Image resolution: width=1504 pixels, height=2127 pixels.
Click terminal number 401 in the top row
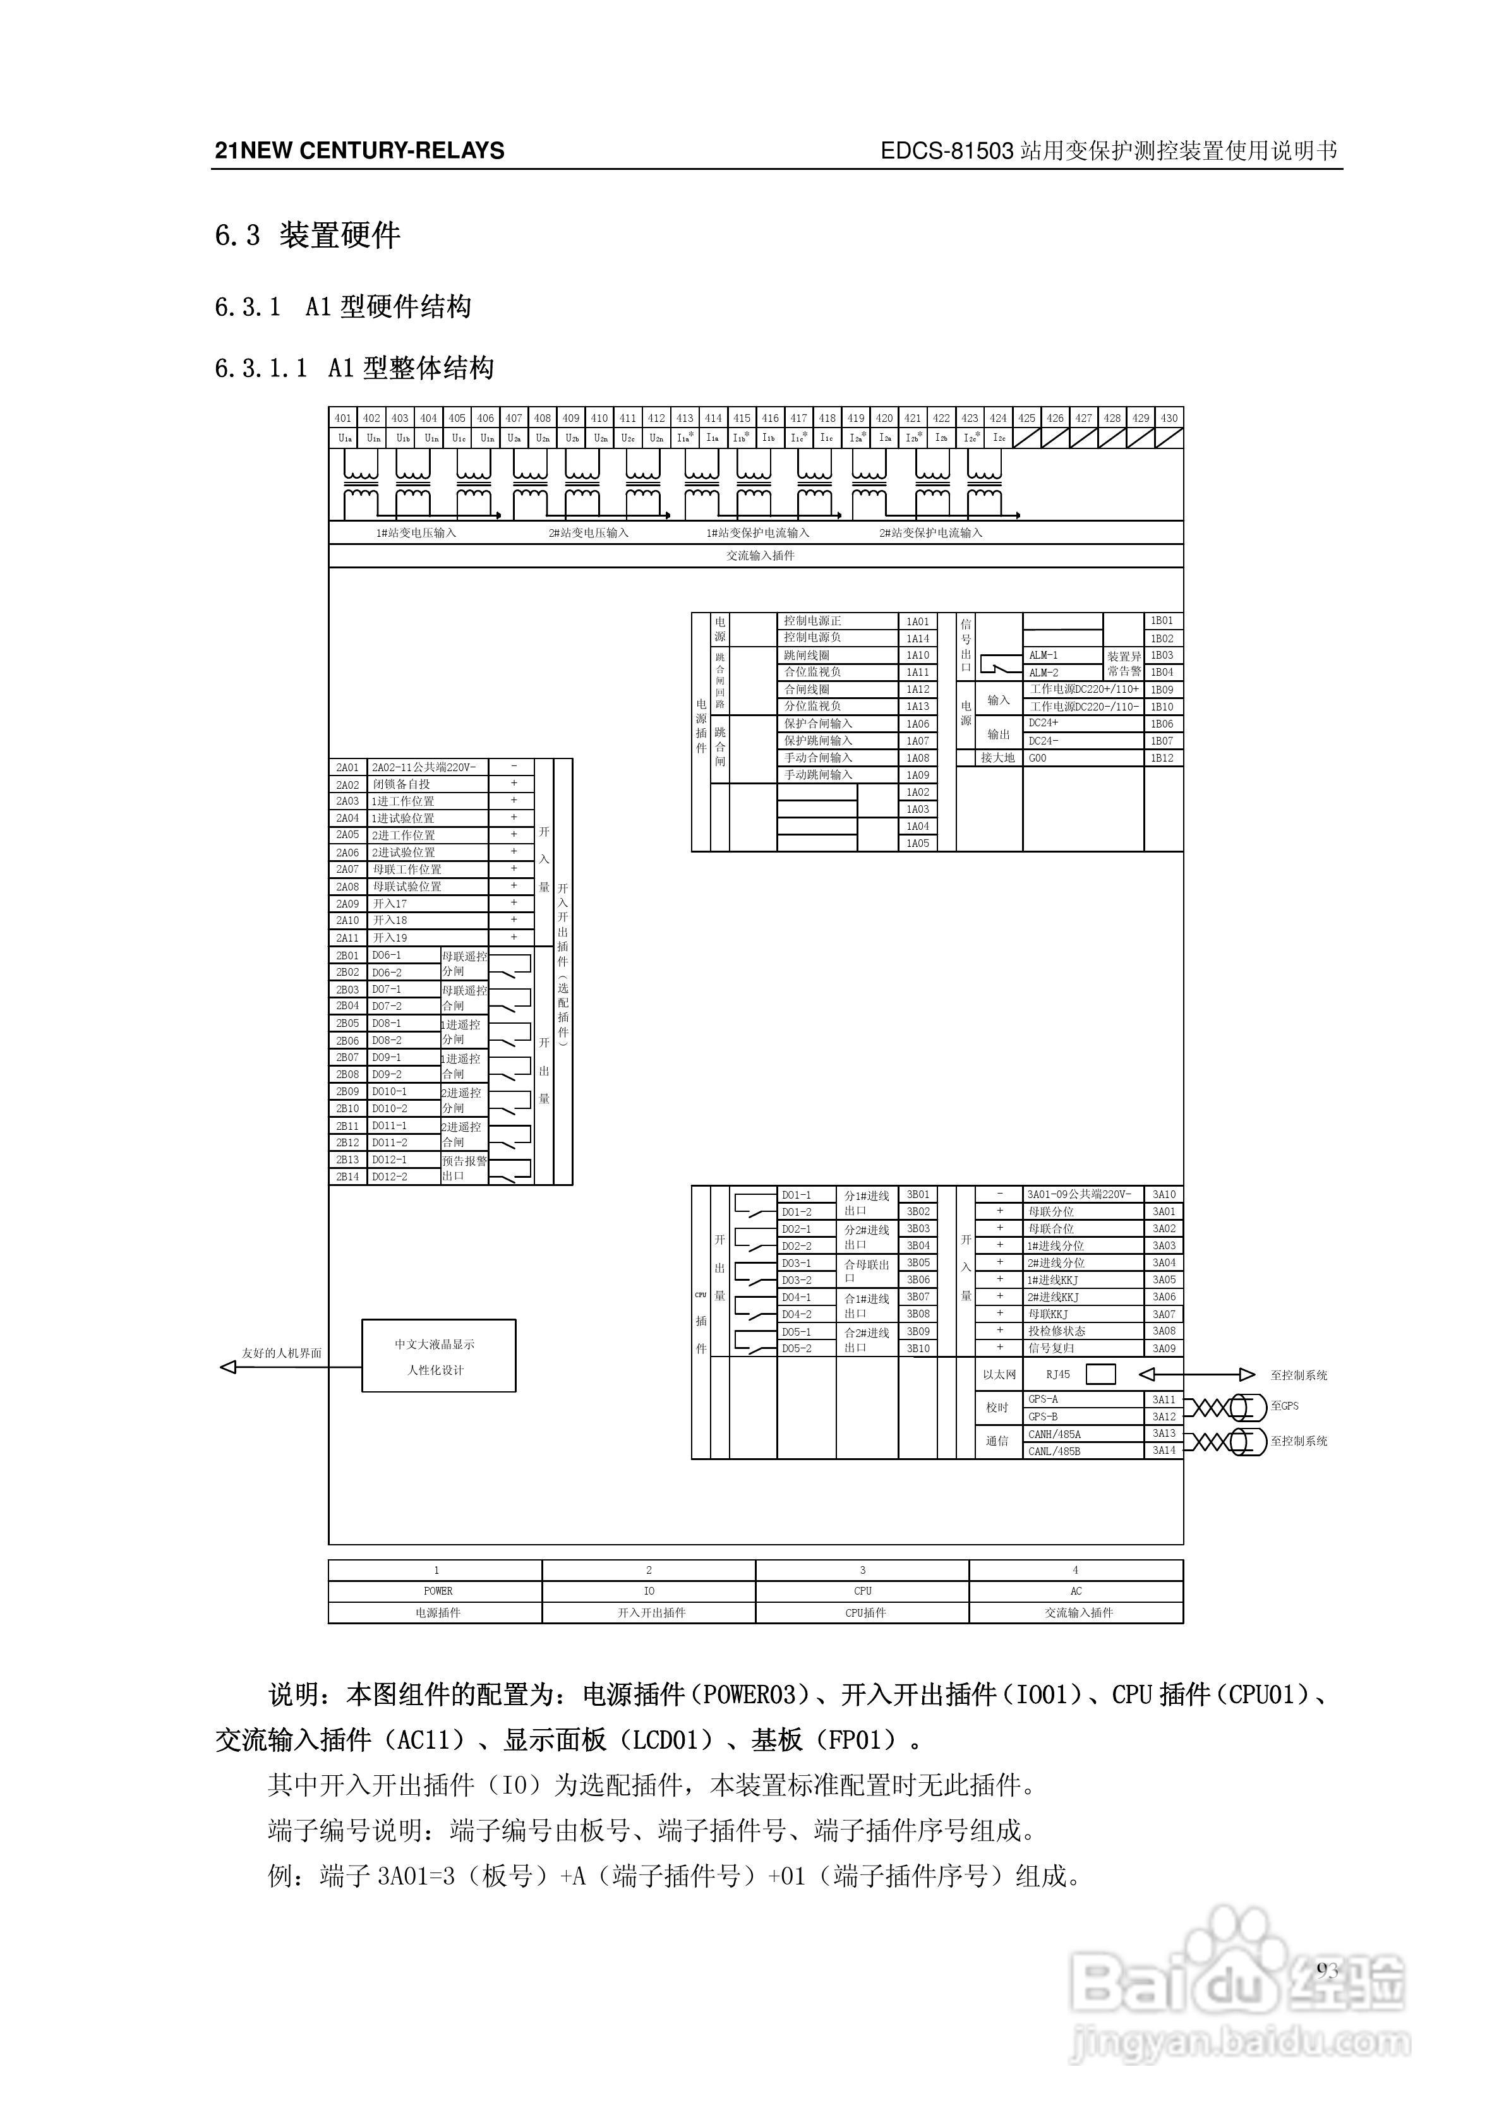[x=343, y=418]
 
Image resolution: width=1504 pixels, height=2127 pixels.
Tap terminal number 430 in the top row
[x=1169, y=418]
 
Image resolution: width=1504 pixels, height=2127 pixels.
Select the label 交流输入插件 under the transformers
[x=760, y=556]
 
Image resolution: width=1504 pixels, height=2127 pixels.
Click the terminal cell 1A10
[x=917, y=655]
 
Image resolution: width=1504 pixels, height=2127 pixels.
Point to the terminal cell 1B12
[x=1162, y=758]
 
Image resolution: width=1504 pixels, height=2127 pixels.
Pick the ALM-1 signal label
[x=1044, y=655]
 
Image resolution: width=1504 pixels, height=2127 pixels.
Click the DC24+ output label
[x=1044, y=722]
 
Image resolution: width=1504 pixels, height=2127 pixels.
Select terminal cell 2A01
[x=347, y=768]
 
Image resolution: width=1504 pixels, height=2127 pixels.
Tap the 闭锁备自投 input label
[x=401, y=784]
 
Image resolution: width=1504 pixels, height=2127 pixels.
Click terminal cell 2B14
[x=347, y=1177]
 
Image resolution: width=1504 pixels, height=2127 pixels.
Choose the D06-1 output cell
[x=387, y=955]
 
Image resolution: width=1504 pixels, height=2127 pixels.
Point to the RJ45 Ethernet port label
[x=1057, y=1375]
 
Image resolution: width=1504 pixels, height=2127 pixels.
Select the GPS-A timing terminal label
[x=1044, y=1399]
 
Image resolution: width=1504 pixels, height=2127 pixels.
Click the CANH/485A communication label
[x=1054, y=1434]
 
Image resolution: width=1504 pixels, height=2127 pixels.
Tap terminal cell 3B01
[x=917, y=1195]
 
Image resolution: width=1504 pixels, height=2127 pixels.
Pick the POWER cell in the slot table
[x=437, y=1591]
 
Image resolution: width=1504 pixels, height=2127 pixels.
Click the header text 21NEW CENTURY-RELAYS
[x=359, y=151]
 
